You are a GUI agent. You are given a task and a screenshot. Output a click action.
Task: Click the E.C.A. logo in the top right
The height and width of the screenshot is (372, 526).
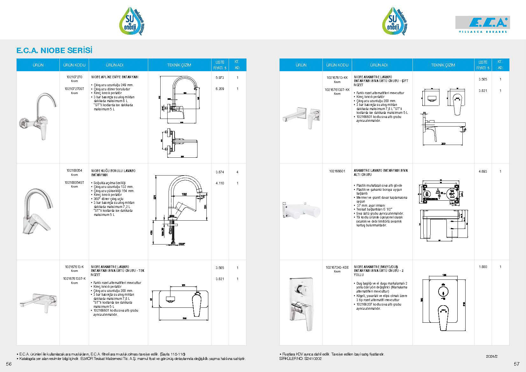click(x=482, y=24)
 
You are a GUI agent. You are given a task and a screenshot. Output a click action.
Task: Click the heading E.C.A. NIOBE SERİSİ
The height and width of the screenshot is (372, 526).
click(x=54, y=51)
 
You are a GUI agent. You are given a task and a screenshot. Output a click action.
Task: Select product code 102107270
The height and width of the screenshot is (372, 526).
click(x=74, y=77)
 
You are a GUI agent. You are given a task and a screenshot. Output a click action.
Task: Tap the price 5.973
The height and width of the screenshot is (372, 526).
click(x=220, y=78)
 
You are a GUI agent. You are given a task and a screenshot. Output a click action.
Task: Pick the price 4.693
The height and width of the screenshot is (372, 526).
click(x=483, y=171)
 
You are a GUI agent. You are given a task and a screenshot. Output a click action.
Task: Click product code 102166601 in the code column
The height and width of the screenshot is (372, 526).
click(x=337, y=171)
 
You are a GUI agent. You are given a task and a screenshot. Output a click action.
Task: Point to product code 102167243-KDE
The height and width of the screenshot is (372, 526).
click(x=337, y=267)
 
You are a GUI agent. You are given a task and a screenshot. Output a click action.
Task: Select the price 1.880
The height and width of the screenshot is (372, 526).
click(x=483, y=267)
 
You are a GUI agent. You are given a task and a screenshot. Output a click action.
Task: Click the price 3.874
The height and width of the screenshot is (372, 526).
click(x=220, y=172)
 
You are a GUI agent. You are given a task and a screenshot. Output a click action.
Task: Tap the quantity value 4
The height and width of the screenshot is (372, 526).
click(x=237, y=172)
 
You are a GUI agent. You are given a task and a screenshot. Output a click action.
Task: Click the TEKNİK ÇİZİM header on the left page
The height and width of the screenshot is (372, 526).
click(x=179, y=65)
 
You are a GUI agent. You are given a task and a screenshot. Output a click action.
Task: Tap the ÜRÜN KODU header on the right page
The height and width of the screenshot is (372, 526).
click(x=337, y=65)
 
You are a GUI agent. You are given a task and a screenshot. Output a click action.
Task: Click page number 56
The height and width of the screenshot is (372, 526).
click(x=9, y=364)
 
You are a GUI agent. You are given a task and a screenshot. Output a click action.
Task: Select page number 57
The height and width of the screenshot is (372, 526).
click(x=516, y=364)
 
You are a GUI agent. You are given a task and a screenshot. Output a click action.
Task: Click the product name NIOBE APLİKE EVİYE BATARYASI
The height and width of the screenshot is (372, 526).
click(x=115, y=77)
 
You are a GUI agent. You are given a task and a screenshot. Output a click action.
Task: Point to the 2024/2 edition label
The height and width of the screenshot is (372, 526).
click(x=492, y=356)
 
